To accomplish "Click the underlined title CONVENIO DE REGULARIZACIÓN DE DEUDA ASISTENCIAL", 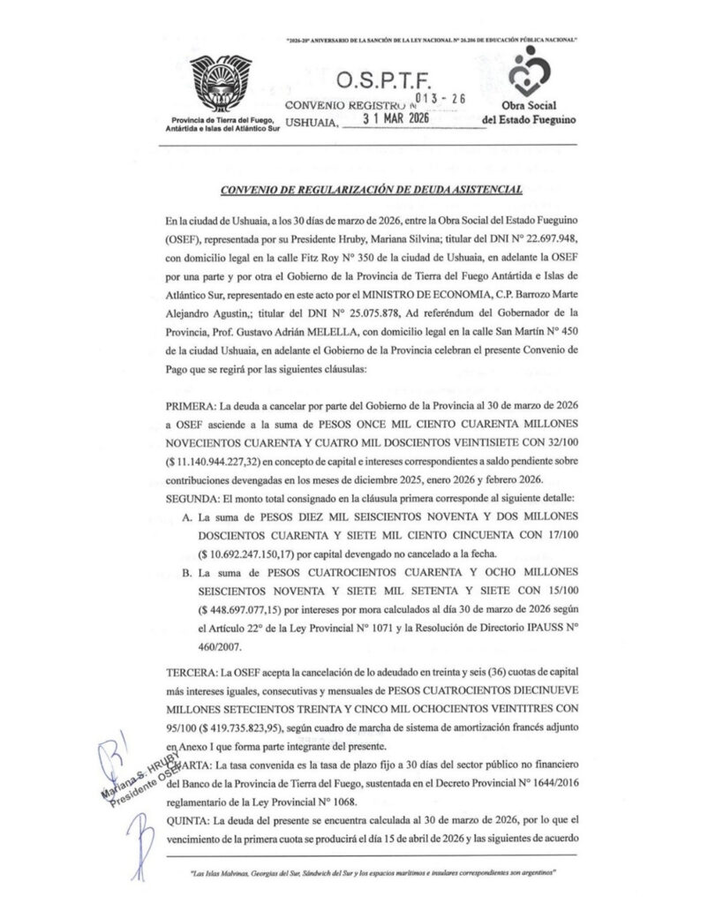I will [372, 188].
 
